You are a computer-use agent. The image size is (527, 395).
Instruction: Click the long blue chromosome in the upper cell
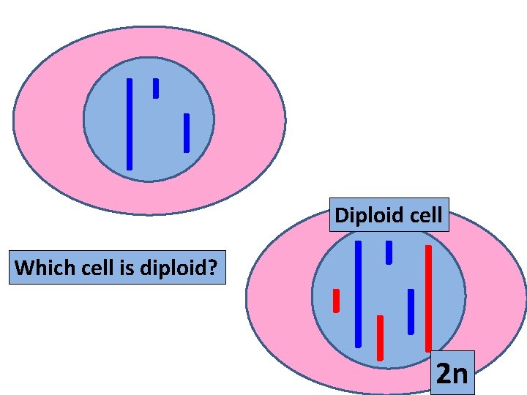(x=130, y=124)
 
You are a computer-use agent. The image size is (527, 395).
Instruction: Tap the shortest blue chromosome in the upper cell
(x=156, y=89)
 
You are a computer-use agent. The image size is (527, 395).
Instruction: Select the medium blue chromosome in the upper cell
(x=187, y=133)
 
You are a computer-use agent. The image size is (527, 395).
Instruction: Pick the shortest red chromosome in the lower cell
(x=336, y=301)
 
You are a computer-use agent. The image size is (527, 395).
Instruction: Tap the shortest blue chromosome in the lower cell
(x=389, y=252)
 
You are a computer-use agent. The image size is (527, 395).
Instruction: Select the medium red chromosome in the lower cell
(x=380, y=337)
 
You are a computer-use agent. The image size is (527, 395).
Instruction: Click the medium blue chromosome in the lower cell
(x=411, y=311)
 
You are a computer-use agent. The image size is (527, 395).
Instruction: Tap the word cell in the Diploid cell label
(x=426, y=215)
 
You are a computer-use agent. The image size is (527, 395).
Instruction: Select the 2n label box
(x=452, y=373)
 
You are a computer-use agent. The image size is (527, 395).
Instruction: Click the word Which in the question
(x=39, y=268)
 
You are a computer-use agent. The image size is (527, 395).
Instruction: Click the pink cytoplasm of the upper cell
(x=51, y=124)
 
